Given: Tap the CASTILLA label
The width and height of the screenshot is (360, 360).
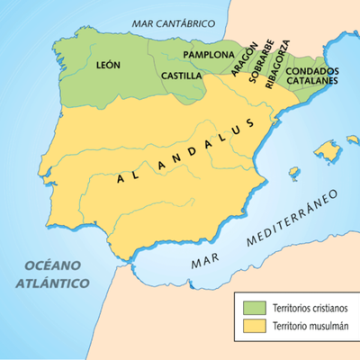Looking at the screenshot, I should coord(181,76).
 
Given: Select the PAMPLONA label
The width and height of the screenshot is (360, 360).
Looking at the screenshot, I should coord(208,55).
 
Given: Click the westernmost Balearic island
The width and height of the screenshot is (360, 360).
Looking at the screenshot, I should coord(293,173).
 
